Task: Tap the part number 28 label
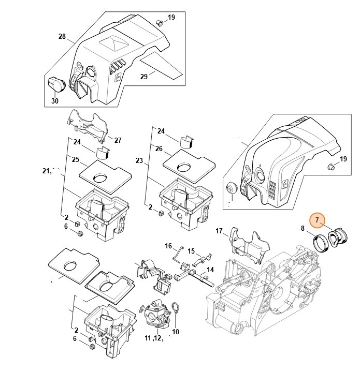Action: click(x=62, y=36)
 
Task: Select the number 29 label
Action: click(x=144, y=76)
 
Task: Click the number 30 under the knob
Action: click(x=54, y=101)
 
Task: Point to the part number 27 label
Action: click(x=118, y=140)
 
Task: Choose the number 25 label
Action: click(x=76, y=159)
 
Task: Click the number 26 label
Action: click(x=159, y=149)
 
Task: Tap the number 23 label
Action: click(x=139, y=160)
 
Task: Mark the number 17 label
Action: click(x=219, y=231)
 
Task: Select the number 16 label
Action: click(x=168, y=246)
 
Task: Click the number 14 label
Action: click(x=210, y=270)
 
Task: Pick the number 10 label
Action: click(x=175, y=332)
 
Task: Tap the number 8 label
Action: click(x=303, y=227)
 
